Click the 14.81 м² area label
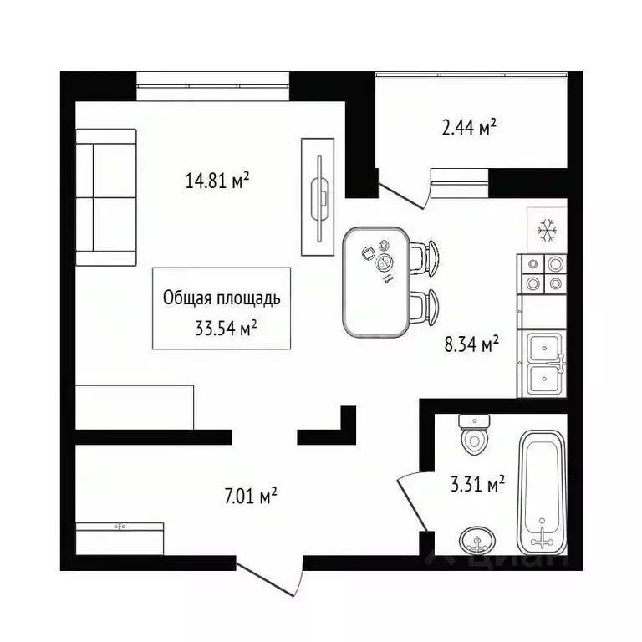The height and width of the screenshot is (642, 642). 218,180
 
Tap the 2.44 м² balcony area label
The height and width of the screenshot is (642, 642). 469,128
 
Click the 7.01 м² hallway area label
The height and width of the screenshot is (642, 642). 252,497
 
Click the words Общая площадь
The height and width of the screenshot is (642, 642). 222,298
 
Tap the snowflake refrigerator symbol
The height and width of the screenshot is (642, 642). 547,229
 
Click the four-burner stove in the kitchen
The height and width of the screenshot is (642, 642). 543,273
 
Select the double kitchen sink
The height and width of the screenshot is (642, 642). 543,364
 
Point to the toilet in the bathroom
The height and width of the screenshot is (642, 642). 473,432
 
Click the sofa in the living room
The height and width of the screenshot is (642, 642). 105,197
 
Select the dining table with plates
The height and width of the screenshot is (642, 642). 377,282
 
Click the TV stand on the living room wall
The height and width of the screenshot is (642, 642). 318,197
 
